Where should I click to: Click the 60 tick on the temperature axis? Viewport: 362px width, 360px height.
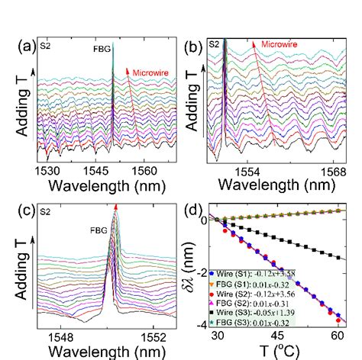334,336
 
